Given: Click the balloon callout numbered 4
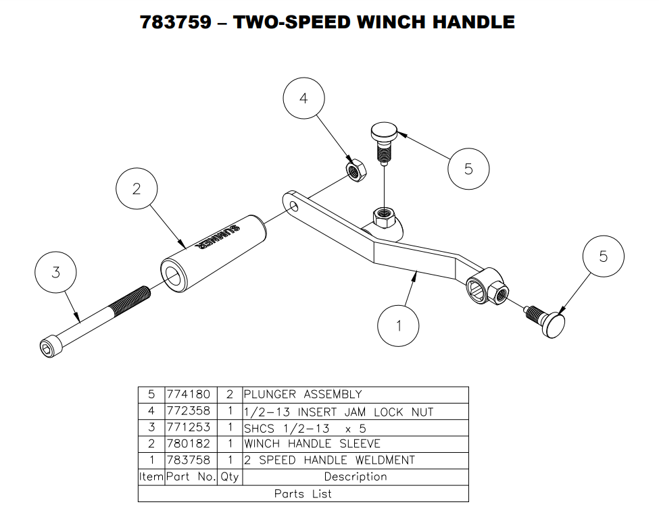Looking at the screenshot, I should click(303, 99).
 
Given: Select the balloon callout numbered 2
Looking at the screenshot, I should click(137, 189).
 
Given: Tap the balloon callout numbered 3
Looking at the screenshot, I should click(56, 273).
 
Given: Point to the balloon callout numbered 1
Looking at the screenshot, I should click(398, 327).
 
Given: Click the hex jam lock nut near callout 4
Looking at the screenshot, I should click(355, 168).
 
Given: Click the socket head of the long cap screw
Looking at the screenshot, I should click(48, 348).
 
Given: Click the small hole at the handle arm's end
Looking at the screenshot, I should click(293, 204).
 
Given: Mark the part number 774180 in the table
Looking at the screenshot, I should click(188, 394).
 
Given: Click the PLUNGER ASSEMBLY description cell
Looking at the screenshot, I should click(303, 394).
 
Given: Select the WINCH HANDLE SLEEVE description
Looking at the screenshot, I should click(312, 444).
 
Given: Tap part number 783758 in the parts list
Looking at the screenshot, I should click(188, 460).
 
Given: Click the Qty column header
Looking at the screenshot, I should click(229, 476).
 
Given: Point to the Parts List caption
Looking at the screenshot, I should click(303, 494).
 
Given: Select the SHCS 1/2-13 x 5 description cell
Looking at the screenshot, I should click(305, 428).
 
